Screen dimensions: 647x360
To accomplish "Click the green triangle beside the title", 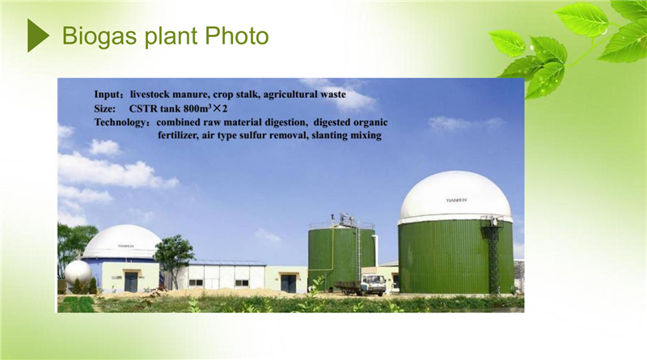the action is pos(37,36).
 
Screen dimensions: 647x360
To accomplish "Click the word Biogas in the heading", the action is pos(99,36).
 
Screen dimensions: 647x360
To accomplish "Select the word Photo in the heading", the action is pos(237,36).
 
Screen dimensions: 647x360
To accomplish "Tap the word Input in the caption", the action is pos(107,95).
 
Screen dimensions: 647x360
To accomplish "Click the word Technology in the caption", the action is pos(119,123).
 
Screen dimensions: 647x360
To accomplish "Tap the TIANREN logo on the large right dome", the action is pos(456,201).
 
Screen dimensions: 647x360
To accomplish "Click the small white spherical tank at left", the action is pos(78,272).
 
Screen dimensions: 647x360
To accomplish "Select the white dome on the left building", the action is pos(122,242).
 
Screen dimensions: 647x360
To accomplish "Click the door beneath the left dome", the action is pos(131,282).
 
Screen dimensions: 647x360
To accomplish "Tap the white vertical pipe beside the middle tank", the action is pos(375,249).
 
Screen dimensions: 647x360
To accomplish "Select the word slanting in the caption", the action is pos(329,136).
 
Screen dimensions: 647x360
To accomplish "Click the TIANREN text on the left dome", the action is pos(126,246).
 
